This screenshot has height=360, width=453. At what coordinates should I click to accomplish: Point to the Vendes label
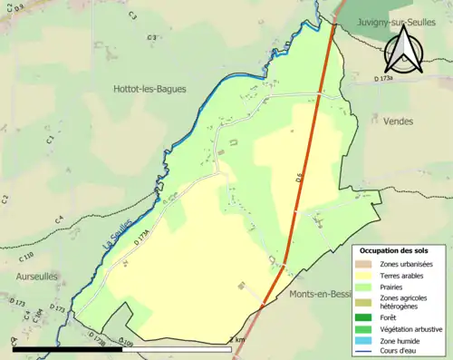(398, 121)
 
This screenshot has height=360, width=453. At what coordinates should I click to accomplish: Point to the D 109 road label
(126, 343)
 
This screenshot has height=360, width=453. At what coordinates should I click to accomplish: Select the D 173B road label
(100, 339)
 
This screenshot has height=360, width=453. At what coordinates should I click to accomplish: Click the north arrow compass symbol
(405, 50)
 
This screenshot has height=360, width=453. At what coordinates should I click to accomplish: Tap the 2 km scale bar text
(237, 339)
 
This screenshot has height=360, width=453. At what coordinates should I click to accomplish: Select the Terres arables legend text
(407, 275)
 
